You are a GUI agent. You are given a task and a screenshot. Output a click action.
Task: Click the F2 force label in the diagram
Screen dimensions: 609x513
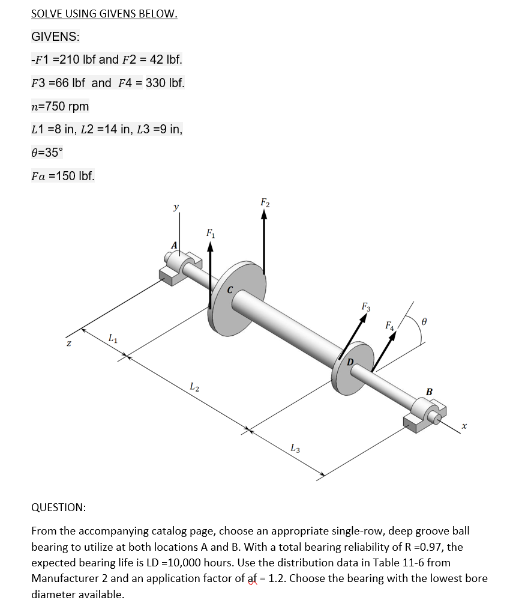coord(265,202)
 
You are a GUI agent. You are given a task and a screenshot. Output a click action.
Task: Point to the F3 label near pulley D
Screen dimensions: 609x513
coord(366,307)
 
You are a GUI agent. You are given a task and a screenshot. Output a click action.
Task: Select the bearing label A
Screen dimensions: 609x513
coord(175,246)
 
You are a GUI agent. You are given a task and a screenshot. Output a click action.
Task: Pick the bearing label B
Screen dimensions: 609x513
coord(428,392)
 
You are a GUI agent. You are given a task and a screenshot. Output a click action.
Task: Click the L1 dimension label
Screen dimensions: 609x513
coord(113,341)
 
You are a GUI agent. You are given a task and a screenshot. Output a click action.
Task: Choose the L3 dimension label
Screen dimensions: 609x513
coord(295,447)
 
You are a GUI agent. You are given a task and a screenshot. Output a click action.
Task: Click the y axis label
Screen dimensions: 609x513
coord(175,207)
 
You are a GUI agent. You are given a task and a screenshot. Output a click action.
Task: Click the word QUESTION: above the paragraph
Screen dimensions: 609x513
coord(58,507)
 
